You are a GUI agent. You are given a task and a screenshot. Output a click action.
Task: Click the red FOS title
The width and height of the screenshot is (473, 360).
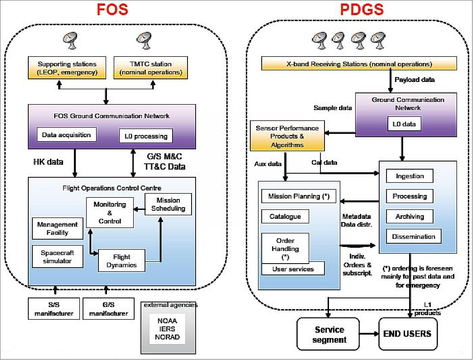click(x=112, y=9)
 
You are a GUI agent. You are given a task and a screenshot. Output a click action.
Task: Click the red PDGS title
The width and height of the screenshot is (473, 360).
click(x=362, y=9)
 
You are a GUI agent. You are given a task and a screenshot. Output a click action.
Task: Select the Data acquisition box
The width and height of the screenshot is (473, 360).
click(x=66, y=135)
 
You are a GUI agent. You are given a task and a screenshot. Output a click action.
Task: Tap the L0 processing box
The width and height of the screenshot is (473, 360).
click(x=146, y=136)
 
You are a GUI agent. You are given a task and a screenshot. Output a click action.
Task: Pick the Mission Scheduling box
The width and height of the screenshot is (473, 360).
click(x=168, y=204)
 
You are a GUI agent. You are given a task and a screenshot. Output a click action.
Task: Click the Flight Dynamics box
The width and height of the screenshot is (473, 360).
click(x=122, y=261)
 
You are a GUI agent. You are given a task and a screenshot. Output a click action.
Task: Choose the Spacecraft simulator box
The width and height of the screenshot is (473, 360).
click(x=57, y=257)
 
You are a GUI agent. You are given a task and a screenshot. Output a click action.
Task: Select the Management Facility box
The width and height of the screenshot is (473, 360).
click(x=57, y=229)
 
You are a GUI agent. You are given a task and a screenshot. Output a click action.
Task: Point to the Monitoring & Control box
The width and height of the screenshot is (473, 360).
click(x=110, y=213)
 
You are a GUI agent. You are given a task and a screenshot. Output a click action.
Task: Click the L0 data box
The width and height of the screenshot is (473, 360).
click(x=404, y=124)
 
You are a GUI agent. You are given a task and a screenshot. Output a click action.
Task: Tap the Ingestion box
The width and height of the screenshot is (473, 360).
click(x=410, y=176)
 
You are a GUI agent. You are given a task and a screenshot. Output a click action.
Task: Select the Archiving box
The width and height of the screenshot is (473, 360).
click(x=410, y=216)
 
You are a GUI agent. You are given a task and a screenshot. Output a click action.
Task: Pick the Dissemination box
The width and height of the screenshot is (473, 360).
click(x=413, y=236)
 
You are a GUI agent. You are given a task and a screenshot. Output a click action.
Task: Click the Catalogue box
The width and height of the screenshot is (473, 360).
click(x=285, y=216)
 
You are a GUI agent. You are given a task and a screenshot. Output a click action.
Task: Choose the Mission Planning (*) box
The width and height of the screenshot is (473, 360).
click(x=299, y=196)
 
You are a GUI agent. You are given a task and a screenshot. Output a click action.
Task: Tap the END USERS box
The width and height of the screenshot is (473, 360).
click(x=407, y=334)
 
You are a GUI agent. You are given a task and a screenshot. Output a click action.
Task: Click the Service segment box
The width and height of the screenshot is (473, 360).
click(x=328, y=334)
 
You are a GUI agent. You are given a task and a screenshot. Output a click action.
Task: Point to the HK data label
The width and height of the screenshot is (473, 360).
click(x=48, y=162)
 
